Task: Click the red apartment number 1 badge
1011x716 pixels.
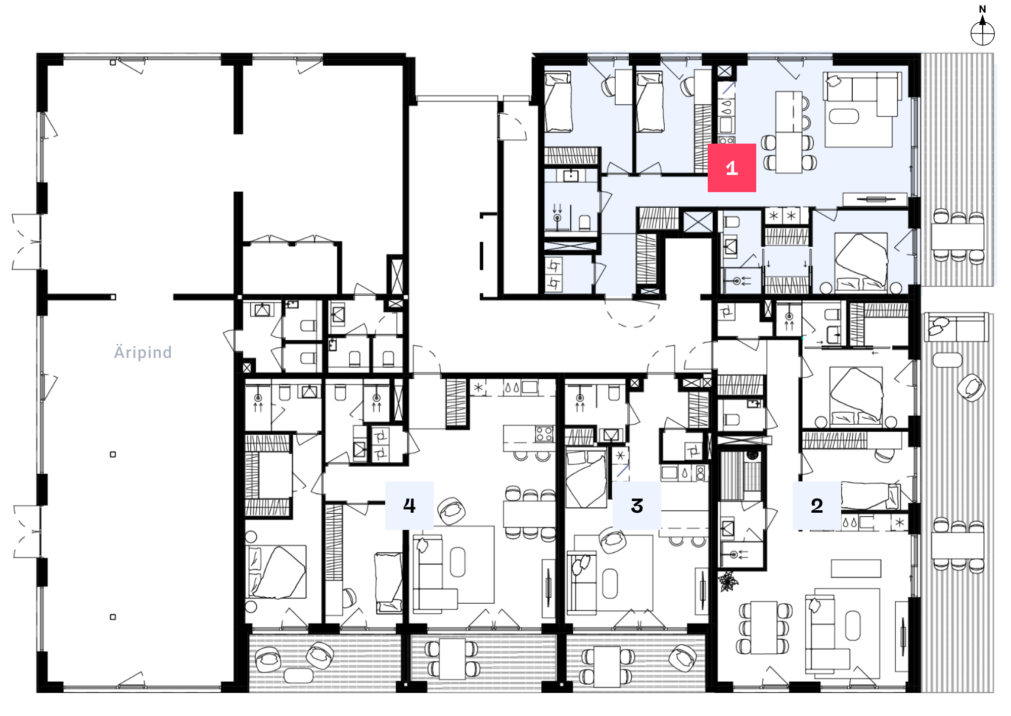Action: tap(731, 168)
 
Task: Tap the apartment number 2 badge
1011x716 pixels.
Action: tap(817, 506)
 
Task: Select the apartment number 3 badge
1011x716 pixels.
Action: tap(637, 506)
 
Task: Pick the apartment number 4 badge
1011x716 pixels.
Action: tap(409, 506)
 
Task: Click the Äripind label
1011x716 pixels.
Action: tap(143, 352)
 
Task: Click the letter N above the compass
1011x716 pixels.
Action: tap(983, 9)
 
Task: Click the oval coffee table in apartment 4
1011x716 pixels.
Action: tap(457, 561)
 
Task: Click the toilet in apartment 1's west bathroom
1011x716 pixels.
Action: tap(584, 223)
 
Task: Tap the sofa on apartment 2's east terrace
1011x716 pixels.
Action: tap(956, 327)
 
